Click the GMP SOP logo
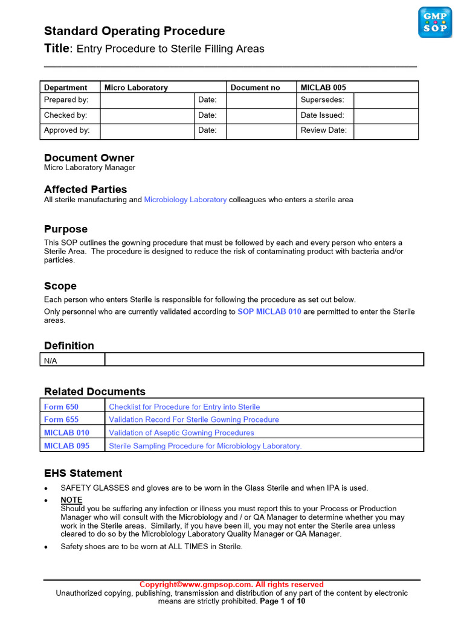(x=435, y=22)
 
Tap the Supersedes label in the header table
(x=322, y=100)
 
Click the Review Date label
(x=323, y=130)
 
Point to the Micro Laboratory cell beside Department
(x=136, y=88)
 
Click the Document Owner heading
(x=89, y=158)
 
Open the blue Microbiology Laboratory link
(x=185, y=200)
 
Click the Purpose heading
(x=66, y=229)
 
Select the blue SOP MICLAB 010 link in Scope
(x=269, y=312)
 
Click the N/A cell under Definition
(x=51, y=361)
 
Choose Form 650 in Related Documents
(x=61, y=407)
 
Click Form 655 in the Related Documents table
(x=61, y=419)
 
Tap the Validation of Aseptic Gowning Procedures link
(x=181, y=433)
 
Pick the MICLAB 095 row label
(x=66, y=445)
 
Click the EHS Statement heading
(x=83, y=473)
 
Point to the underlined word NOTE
(x=71, y=500)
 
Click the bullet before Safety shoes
(x=47, y=547)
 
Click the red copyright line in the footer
(x=231, y=584)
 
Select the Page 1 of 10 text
(x=282, y=601)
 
